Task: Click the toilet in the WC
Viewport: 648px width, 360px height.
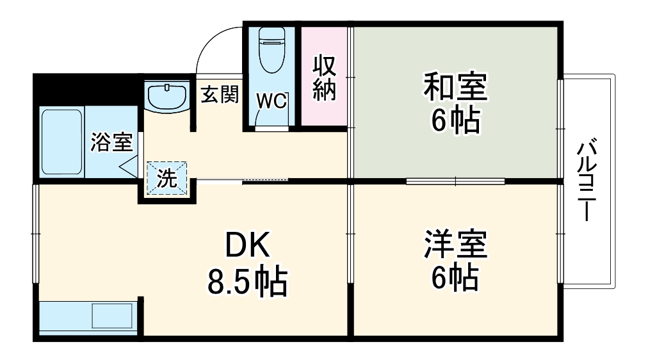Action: pos(269,51)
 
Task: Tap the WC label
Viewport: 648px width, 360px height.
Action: pos(272,101)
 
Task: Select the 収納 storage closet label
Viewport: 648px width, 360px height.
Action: pos(324,79)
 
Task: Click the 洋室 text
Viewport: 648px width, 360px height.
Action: pos(455,245)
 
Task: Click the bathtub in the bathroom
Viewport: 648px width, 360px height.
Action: pos(61,142)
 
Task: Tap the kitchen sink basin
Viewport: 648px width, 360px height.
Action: pos(112,316)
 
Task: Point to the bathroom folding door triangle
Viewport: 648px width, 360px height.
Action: pos(129,167)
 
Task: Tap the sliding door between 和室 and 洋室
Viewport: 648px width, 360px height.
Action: pos(455,181)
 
